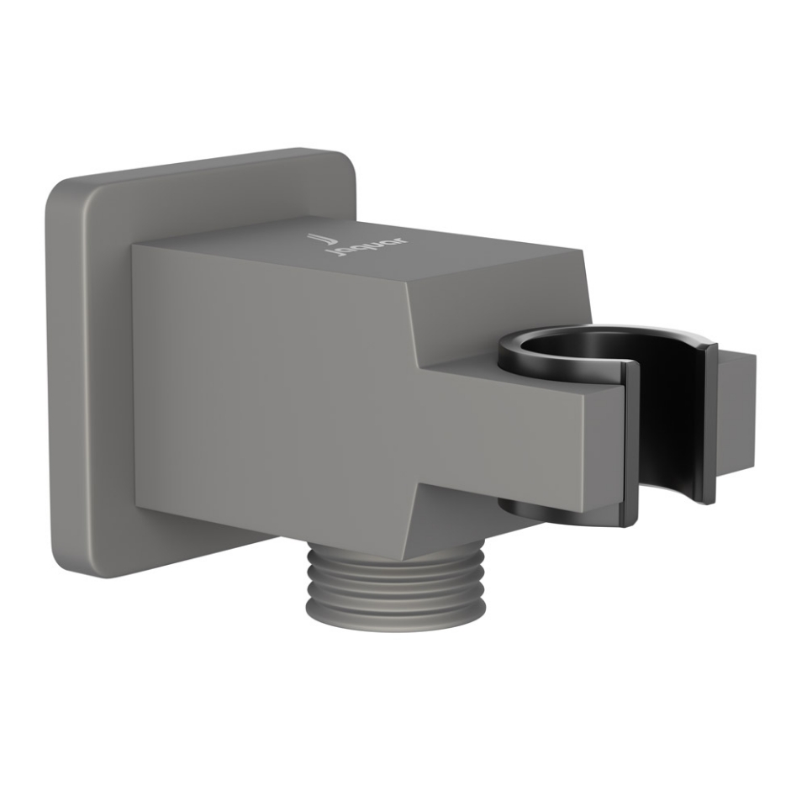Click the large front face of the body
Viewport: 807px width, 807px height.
pyautogui.click(x=269, y=395)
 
